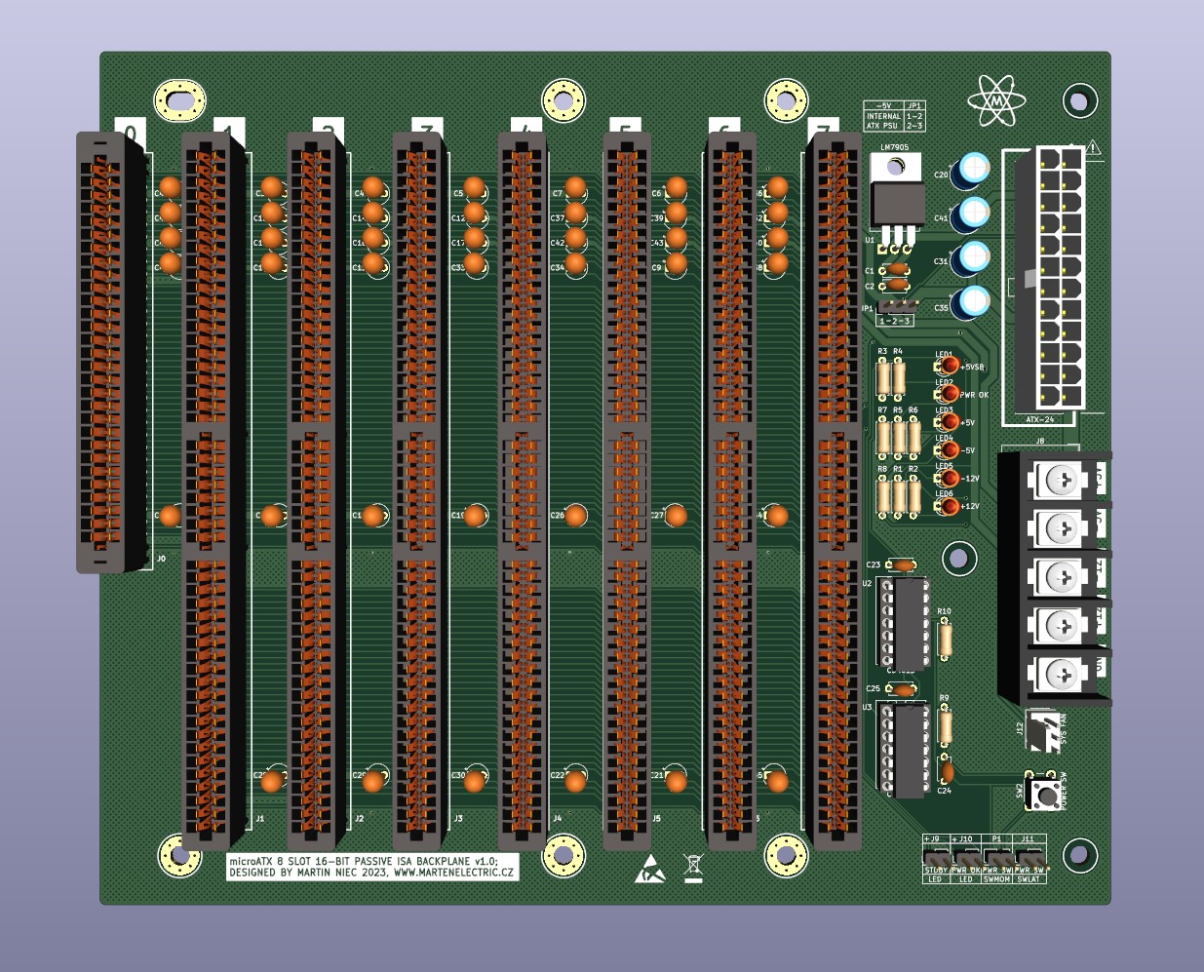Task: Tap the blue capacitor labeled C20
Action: click(972, 171)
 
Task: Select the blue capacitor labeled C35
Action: click(971, 302)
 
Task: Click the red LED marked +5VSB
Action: click(948, 366)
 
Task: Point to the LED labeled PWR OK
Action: click(948, 394)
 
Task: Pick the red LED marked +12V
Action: click(948, 506)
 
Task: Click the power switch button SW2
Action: click(1047, 795)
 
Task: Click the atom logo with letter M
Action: click(996, 100)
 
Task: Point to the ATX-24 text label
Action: click(1039, 419)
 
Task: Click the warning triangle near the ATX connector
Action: click(1093, 149)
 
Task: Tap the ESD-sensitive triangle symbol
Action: click(649, 869)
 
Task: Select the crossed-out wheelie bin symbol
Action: click(693, 867)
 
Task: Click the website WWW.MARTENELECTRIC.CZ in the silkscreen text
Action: click(452, 873)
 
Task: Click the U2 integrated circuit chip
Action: click(909, 622)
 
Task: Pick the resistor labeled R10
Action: click(944, 640)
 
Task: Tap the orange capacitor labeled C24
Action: click(946, 771)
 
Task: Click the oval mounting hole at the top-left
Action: click(180, 99)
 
